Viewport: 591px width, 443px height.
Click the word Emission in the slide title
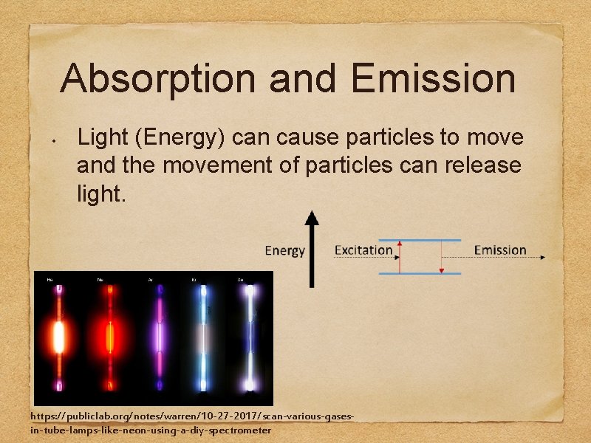(x=434, y=79)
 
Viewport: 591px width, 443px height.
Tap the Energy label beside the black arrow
(x=284, y=250)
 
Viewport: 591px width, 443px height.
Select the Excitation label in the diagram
(x=363, y=250)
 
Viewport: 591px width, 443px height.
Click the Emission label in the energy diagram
(x=499, y=250)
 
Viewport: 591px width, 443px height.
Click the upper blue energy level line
(x=420, y=240)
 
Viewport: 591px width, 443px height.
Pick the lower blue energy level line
(x=420, y=274)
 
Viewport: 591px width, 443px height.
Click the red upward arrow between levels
(x=400, y=257)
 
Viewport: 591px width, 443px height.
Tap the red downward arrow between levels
(x=441, y=257)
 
